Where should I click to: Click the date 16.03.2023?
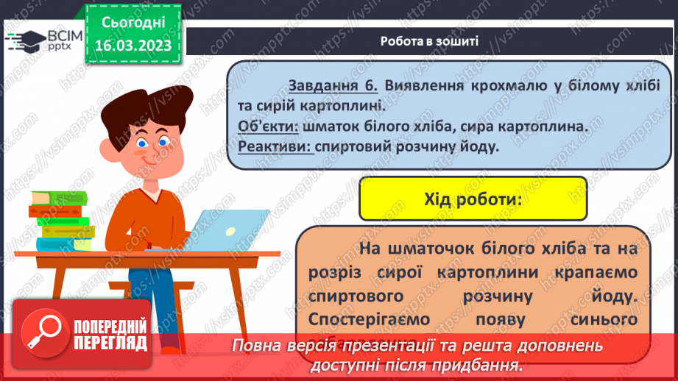pyautogui.click(x=133, y=45)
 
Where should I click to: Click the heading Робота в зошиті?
pyautogui.click(x=430, y=41)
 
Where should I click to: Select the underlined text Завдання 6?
pyautogui.click(x=333, y=86)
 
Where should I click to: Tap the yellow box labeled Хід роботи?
pyautogui.click(x=473, y=199)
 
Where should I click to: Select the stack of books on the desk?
pyautogui.click(x=62, y=221)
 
